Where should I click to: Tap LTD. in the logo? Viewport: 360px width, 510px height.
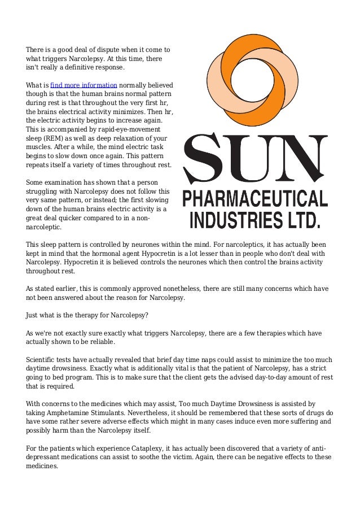coord(303,219)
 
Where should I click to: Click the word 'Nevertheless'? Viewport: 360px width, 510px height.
coord(149,412)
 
